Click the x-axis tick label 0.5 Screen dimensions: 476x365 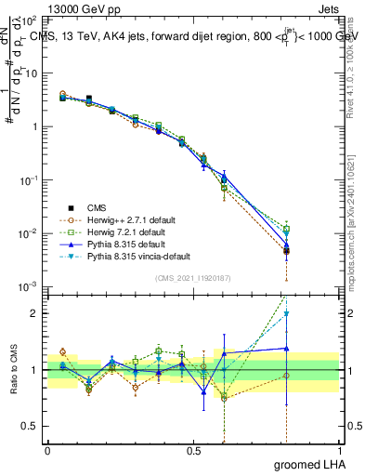click(x=193, y=449)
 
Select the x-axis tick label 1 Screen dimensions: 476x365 click(x=339, y=449)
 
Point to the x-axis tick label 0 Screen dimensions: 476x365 click(x=47, y=449)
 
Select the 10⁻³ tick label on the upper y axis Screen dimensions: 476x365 click(x=29, y=286)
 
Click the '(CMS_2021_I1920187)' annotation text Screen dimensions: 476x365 click(x=193, y=279)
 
